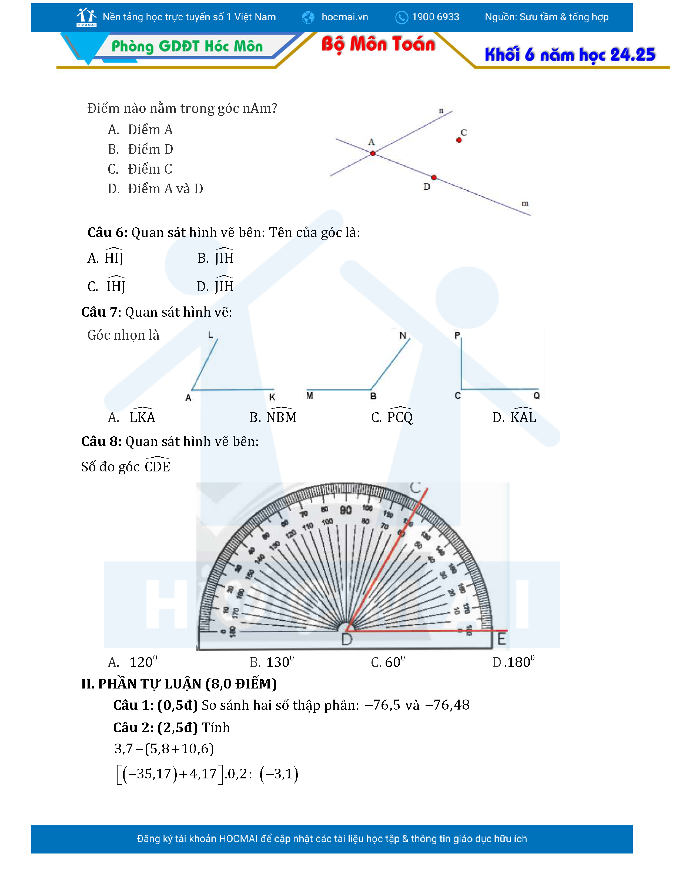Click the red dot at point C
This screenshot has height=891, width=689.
(459, 140)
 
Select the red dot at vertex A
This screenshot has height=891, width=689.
(373, 153)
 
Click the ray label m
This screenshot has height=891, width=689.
(525, 203)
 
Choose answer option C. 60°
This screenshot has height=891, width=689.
(388, 662)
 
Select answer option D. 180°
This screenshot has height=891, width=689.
(513, 662)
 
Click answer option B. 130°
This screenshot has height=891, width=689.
(272, 662)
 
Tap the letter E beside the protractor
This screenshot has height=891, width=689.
(501, 639)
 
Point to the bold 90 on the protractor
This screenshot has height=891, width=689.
(346, 510)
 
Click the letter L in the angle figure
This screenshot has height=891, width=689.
(211, 335)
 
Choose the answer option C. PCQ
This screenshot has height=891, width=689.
(392, 417)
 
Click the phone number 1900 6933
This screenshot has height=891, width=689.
(435, 17)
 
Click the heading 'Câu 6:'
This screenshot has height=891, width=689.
(107, 232)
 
